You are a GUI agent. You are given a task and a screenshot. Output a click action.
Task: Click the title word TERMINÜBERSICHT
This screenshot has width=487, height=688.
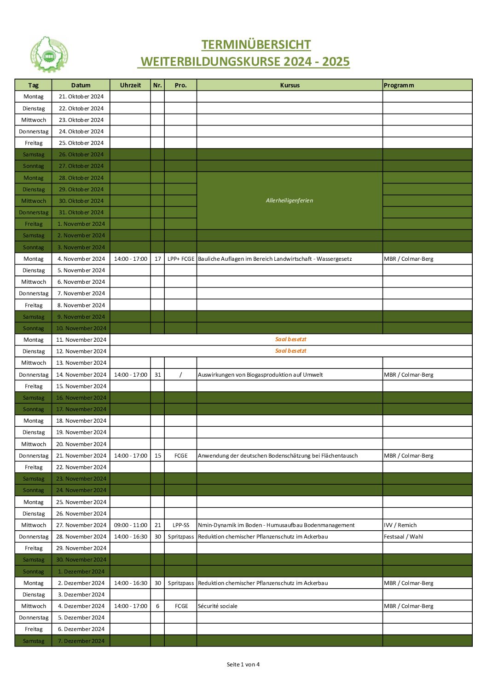pyautogui.click(x=256, y=45)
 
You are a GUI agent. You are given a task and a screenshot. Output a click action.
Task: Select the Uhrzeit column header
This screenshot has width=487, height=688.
pyautogui.click(x=130, y=85)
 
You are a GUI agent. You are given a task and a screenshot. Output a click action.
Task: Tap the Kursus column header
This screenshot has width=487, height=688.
pyautogui.click(x=290, y=85)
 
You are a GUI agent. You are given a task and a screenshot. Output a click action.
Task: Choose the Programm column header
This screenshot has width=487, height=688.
pyautogui.click(x=399, y=85)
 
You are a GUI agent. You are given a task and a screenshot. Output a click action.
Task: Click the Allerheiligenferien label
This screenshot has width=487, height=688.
pyautogui.click(x=289, y=201)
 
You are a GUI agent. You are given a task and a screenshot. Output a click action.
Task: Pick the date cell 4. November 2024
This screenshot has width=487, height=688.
pyautogui.click(x=81, y=259)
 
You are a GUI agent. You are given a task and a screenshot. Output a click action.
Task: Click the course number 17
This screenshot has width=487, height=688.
pyautogui.click(x=157, y=259)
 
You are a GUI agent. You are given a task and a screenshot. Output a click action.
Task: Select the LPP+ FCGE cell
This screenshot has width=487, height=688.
pyautogui.click(x=181, y=259)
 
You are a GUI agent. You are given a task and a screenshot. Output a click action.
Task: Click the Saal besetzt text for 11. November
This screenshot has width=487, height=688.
pyautogui.click(x=290, y=339)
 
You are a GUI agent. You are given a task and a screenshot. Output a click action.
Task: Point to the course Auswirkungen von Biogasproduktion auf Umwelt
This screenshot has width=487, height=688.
pyautogui.click(x=260, y=375)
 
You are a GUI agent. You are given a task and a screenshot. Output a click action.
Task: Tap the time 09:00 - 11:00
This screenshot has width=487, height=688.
pyautogui.click(x=131, y=525)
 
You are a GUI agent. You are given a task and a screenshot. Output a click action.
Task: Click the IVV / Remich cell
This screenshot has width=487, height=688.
pyautogui.click(x=400, y=525)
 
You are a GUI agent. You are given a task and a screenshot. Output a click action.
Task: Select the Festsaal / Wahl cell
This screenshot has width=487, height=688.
pyautogui.click(x=403, y=537)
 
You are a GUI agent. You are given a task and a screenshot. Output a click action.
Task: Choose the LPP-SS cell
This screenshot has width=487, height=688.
pyautogui.click(x=181, y=525)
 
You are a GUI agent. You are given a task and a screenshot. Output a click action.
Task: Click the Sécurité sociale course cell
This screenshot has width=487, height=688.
pyautogui.click(x=218, y=606)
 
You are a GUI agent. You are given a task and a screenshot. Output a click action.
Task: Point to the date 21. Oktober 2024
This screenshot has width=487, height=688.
pyautogui.click(x=81, y=97)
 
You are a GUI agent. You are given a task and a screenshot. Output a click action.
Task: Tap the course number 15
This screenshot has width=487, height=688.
pyautogui.click(x=157, y=456)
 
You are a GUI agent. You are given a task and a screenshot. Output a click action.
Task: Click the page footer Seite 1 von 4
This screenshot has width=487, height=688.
pyautogui.click(x=243, y=665)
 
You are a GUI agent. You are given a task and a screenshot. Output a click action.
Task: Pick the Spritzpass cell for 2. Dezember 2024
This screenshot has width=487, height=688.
pyautogui.click(x=181, y=583)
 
